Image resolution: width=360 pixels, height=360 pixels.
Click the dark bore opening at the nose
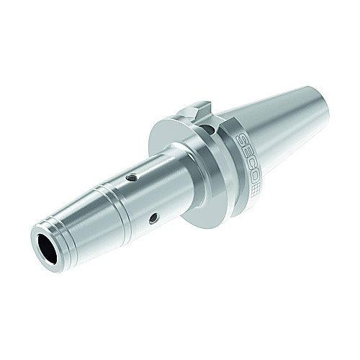[x=48, y=249]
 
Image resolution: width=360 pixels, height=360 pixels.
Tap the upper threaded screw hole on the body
[x=132, y=178]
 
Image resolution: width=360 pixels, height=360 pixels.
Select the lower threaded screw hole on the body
[x=153, y=218]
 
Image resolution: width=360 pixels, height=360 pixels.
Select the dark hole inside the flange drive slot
[x=208, y=130]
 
